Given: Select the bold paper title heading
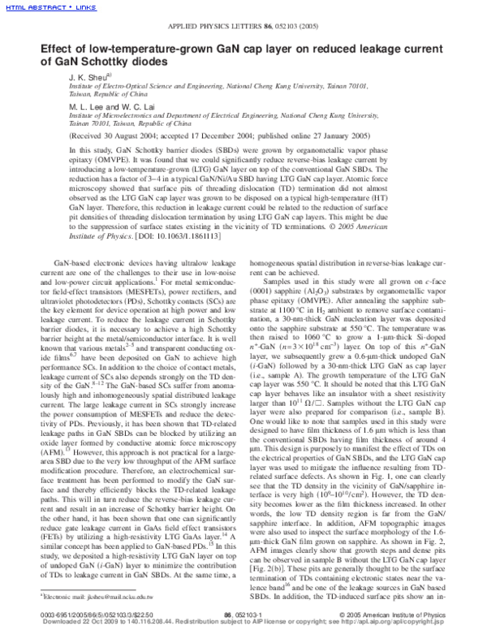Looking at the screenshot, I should tap(235, 55).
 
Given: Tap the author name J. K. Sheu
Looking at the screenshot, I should tap(83, 75).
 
